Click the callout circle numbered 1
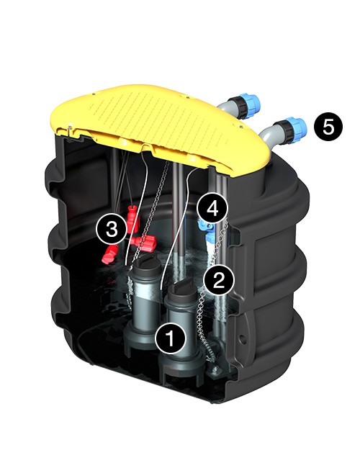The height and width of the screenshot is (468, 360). pos(171,338)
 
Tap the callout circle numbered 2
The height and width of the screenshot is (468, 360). pos(219,279)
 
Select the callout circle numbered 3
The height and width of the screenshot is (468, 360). pos(112,230)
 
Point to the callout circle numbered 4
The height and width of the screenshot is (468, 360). pos(212,209)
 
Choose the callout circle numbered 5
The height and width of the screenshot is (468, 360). pos(328,127)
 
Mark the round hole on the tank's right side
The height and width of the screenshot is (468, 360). pos(243,339)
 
